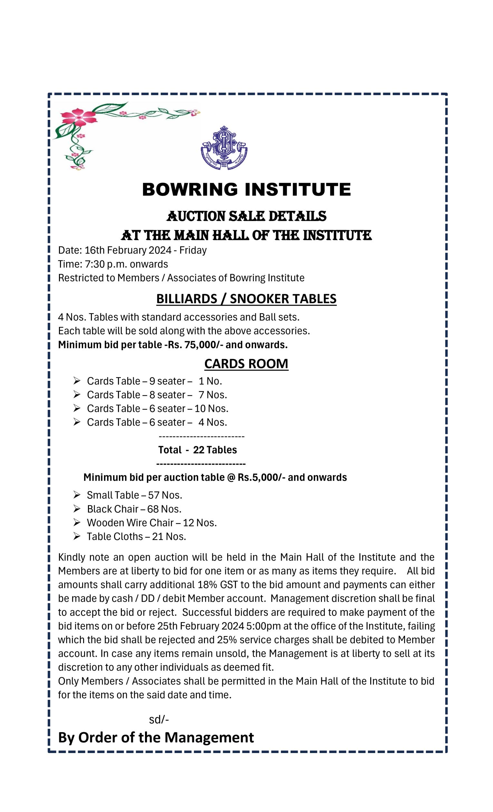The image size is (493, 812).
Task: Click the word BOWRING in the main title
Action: point(190,189)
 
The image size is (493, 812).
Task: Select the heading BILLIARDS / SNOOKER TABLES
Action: point(246,299)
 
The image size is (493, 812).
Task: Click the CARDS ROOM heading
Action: point(246,363)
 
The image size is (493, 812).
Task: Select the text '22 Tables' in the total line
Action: point(215,450)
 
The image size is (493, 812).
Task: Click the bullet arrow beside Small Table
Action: point(77,495)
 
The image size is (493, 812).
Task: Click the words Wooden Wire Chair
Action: point(130,523)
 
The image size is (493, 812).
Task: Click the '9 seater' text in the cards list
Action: point(167,381)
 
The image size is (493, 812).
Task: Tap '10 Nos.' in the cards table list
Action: point(211,408)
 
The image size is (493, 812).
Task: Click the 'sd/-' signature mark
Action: point(159,720)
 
